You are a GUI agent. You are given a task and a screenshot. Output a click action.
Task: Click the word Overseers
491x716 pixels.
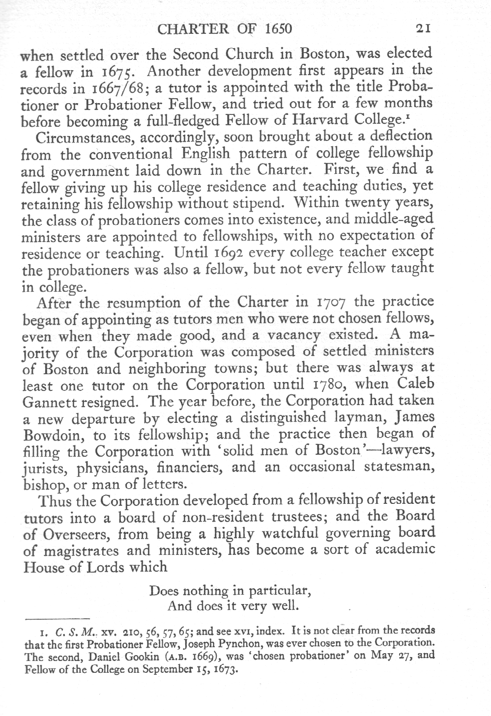pos(70,534)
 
